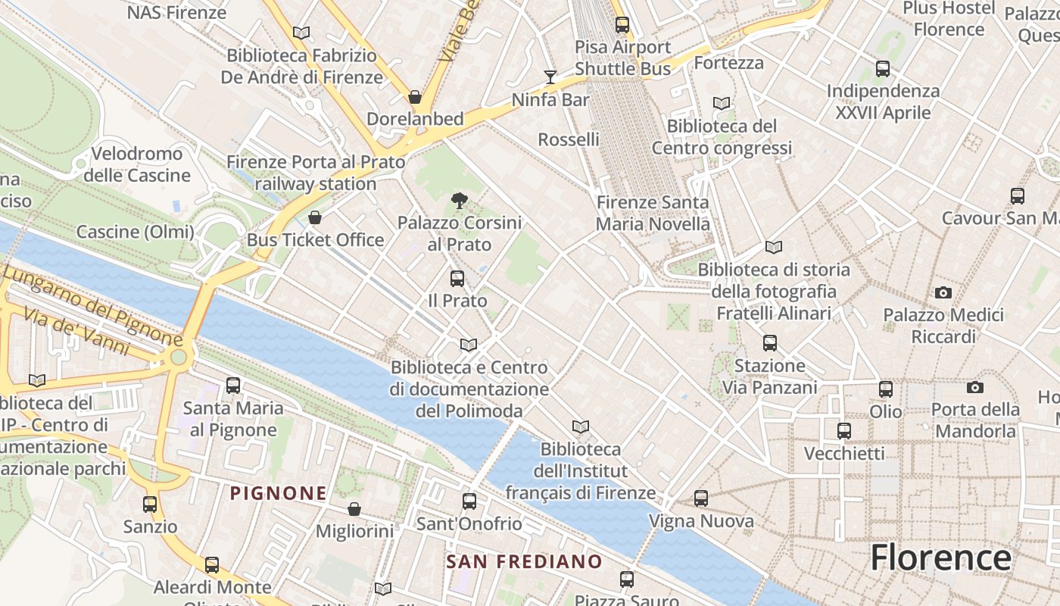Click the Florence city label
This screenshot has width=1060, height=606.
[940, 558]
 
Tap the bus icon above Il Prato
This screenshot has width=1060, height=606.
[457, 278]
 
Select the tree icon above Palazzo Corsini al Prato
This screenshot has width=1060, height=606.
[458, 201]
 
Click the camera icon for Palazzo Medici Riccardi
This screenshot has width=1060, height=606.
[943, 292]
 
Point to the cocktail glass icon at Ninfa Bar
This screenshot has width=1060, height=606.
[550, 77]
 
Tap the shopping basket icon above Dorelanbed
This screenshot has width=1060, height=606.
[414, 97]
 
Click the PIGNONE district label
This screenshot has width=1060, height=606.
[279, 494]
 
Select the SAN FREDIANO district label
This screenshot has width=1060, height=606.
[524, 562]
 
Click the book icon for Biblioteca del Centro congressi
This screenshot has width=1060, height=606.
[722, 103]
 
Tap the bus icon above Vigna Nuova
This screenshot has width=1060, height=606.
[701, 498]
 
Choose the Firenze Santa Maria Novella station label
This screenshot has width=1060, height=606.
[653, 213]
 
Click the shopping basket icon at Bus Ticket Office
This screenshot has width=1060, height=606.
[315, 218]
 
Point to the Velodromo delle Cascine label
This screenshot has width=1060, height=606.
[137, 164]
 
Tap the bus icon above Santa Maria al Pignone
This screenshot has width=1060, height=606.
[233, 386]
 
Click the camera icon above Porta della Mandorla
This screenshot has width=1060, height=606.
[975, 388]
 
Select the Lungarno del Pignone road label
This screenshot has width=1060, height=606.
[92, 303]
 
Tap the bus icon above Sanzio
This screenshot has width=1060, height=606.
[150, 504]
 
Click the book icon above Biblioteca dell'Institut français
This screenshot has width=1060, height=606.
[581, 427]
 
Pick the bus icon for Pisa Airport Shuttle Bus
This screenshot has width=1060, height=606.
[622, 24]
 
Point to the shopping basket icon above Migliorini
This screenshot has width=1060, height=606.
[354, 509]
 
